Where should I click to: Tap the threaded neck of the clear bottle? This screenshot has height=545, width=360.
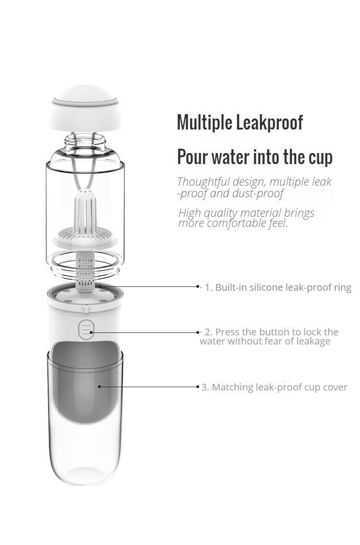click(85, 141)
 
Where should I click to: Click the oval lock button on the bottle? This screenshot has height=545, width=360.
click(86, 328)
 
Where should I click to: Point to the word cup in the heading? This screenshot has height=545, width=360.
click(320, 158)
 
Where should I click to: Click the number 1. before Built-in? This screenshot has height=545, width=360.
click(208, 287)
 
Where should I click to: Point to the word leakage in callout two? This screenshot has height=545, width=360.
click(312, 342)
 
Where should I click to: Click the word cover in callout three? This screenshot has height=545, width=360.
click(336, 388)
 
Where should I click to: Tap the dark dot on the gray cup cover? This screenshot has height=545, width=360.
click(99, 386)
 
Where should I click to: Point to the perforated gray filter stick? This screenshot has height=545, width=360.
click(85, 271)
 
